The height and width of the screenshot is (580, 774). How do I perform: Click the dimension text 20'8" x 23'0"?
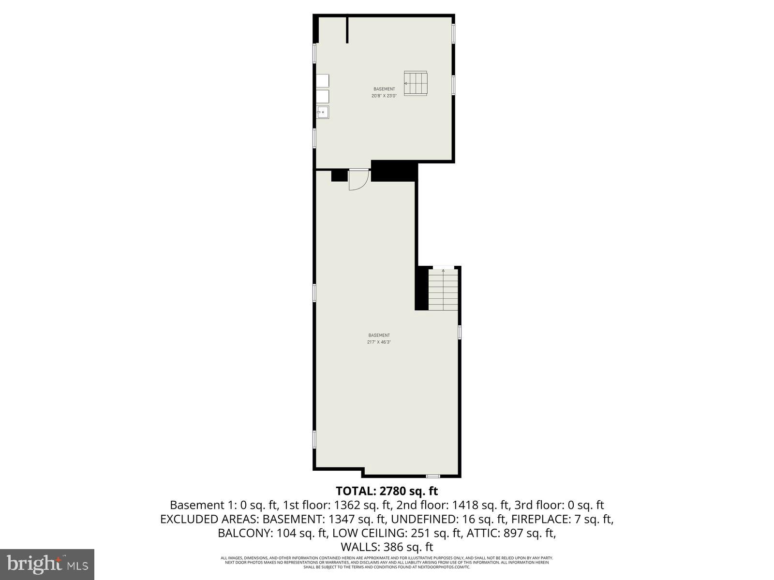tap(384, 96)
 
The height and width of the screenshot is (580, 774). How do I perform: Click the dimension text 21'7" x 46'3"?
tap(379, 342)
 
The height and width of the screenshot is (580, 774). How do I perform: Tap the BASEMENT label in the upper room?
tap(384, 89)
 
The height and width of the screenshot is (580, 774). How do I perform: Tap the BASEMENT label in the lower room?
tap(379, 335)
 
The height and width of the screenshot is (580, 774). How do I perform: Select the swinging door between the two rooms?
tap(358, 179)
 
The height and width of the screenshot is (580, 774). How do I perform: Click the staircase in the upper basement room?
tap(416, 84)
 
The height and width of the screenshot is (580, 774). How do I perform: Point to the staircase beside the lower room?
tap(443, 290)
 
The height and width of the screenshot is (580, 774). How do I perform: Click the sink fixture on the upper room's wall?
tap(322, 112)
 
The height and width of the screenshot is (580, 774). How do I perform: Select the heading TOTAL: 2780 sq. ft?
tap(387, 491)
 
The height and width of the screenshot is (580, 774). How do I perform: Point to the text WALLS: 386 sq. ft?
tap(387, 548)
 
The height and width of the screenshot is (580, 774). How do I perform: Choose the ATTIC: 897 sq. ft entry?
tap(513, 534)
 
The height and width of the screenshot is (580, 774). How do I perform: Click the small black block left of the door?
tap(339, 175)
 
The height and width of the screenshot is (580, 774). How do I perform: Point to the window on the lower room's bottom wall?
tap(433, 476)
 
